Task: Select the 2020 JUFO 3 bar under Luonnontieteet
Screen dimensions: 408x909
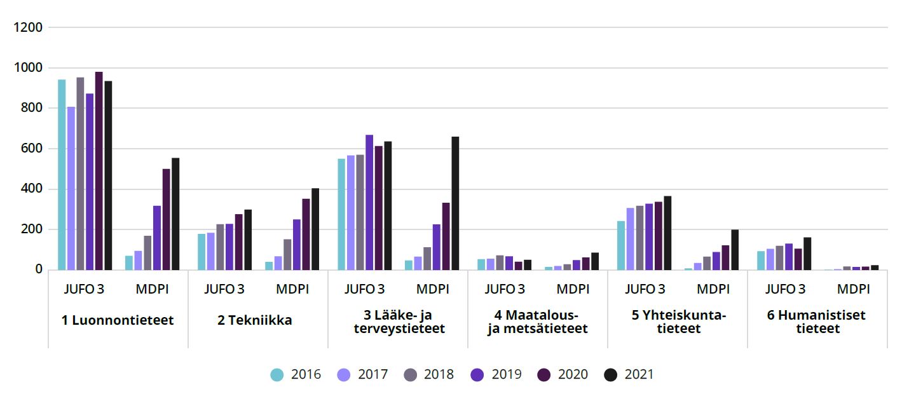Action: [x=99, y=171]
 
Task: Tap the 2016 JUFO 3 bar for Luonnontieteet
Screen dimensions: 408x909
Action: [x=62, y=175]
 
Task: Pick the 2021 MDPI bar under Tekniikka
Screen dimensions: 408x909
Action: [x=315, y=229]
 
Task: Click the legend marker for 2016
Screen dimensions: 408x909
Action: [x=277, y=375]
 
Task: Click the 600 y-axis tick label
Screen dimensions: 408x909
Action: [x=31, y=149]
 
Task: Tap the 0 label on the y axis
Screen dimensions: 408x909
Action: [x=39, y=270]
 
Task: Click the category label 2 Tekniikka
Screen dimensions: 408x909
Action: [x=254, y=320]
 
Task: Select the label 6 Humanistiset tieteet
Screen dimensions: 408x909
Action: [x=817, y=322]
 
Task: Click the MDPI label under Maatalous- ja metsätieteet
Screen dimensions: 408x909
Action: [x=573, y=289]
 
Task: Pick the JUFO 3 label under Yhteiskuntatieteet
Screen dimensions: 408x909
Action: [x=645, y=289]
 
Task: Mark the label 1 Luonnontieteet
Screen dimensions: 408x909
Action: [x=118, y=320]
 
